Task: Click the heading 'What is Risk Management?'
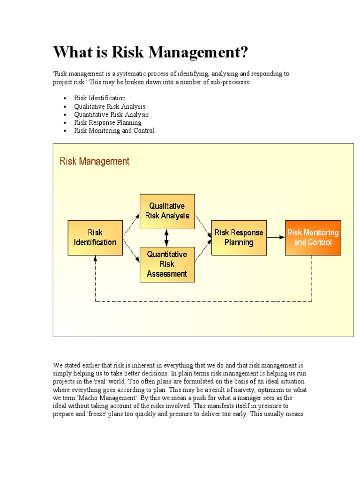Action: click(150, 52)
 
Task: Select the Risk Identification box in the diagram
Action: click(95, 238)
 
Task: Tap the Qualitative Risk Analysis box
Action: click(167, 211)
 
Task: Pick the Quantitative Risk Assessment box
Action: click(167, 264)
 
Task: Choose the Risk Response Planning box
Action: click(239, 238)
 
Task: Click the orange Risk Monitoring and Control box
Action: click(313, 238)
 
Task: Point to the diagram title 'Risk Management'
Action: click(94, 161)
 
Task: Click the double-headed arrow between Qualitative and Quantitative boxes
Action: click(166, 238)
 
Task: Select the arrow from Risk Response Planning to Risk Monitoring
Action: click(276, 237)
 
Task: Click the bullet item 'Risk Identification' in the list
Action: click(100, 98)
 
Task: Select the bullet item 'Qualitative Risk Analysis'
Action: click(110, 106)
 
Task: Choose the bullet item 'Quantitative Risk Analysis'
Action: click(111, 114)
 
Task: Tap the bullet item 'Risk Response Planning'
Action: click(107, 122)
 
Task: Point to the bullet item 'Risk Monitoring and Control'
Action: click(114, 131)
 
